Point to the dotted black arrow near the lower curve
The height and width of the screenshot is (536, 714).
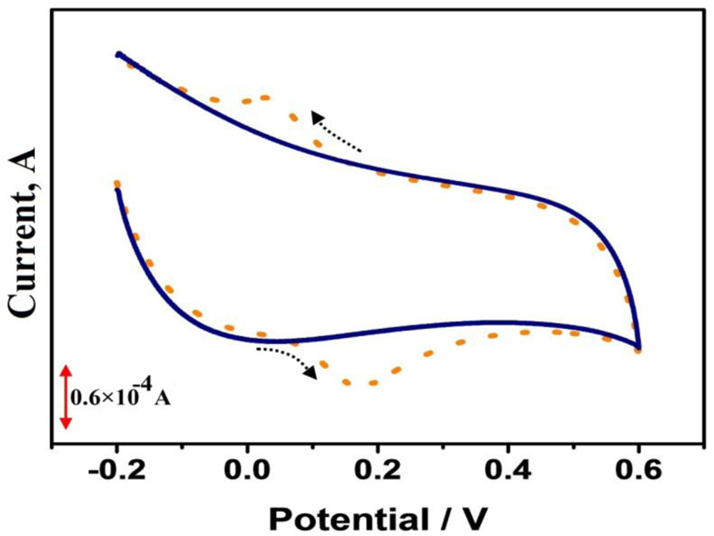coord(286,359)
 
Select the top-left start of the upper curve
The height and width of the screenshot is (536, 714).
coord(118,54)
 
